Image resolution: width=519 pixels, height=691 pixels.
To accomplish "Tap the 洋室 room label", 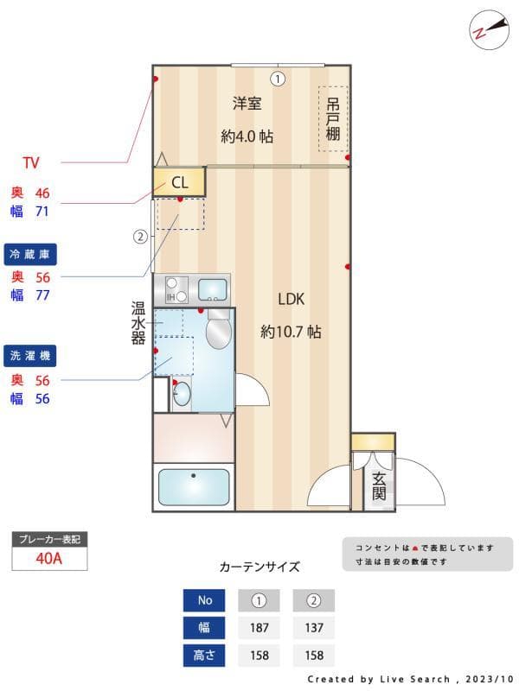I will coord(247,104).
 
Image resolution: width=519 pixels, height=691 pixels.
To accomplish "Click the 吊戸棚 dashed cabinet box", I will coord(332,119).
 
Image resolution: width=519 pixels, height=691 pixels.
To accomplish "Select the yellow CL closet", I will coord(179,182).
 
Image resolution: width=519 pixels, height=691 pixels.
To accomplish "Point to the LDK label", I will coord(291,299).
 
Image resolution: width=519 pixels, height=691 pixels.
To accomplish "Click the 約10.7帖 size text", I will coord(291,331).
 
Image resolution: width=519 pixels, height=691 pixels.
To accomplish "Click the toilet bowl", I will coord(219,331).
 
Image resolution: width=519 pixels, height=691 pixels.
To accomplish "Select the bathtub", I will coord(194,487).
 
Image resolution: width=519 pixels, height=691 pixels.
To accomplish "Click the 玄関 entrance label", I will coord(379,485).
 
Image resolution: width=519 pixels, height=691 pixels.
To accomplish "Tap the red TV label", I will coord(31,162).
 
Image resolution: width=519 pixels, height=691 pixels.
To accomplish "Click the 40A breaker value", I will coord(49,558).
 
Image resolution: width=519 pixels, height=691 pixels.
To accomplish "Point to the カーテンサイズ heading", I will coord(259,567).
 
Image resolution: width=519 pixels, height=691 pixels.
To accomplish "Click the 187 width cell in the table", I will coord(259,627).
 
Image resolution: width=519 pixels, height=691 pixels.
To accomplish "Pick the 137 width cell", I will coord(313,627).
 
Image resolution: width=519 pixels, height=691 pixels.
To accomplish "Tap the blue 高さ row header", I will coord(204,656).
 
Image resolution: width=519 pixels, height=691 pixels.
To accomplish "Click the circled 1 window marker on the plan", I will coord(277,79).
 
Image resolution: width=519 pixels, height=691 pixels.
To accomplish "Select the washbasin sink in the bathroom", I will coord(182,396).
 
